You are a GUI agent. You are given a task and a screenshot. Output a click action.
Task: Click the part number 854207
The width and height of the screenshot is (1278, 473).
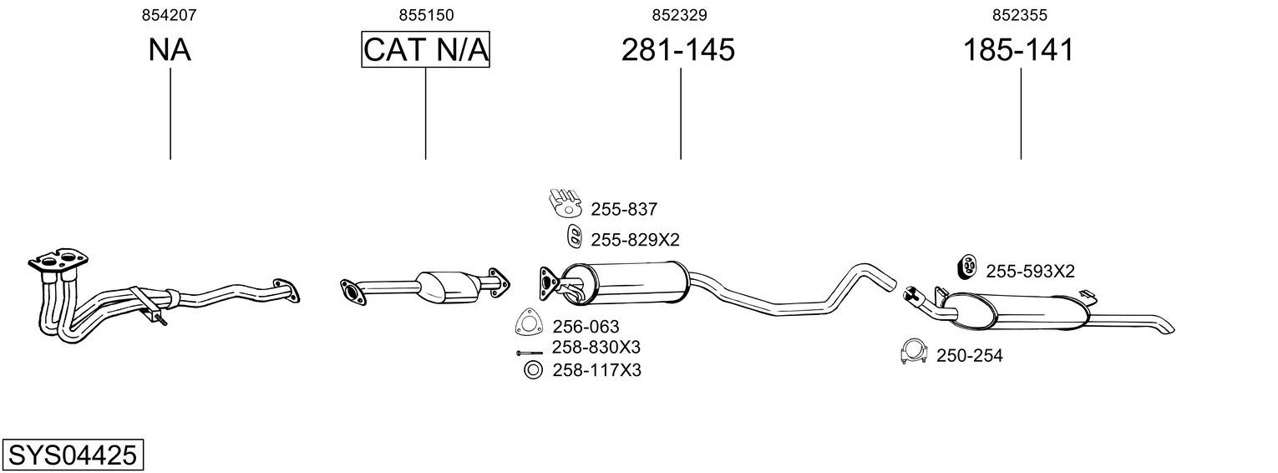[x=169, y=15]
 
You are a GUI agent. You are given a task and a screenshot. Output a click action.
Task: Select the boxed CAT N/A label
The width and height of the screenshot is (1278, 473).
[x=426, y=49]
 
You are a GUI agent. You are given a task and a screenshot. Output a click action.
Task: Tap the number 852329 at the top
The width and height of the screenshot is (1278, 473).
[x=679, y=15]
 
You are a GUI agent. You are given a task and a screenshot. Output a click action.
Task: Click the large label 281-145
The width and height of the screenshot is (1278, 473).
[x=678, y=49]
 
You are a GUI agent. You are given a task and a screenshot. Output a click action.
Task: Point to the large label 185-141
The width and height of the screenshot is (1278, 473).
[x=1019, y=49]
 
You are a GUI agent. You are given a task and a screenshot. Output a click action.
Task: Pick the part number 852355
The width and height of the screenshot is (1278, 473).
[x=1020, y=15]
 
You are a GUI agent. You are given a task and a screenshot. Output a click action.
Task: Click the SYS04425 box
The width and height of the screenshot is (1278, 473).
[x=73, y=455]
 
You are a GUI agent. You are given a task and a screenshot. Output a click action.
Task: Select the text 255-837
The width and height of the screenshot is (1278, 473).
[x=624, y=210]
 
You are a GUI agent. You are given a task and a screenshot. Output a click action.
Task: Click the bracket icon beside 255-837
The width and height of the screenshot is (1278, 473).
[x=565, y=202]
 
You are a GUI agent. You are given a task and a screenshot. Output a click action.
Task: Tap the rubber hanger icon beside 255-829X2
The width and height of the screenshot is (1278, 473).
[x=574, y=237]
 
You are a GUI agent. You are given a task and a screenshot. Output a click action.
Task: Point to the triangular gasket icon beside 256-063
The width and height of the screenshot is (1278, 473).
[x=528, y=322]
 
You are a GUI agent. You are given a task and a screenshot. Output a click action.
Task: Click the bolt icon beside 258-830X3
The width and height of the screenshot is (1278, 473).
[x=530, y=353]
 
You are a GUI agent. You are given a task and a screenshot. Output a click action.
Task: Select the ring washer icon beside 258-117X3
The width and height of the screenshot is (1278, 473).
[x=533, y=370]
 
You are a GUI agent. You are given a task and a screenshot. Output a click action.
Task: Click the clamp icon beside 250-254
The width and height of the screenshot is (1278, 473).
[x=914, y=352]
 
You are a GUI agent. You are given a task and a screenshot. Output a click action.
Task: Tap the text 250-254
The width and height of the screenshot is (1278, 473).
[x=969, y=356]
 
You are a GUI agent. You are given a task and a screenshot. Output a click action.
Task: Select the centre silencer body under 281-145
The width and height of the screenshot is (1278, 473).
[x=626, y=283]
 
